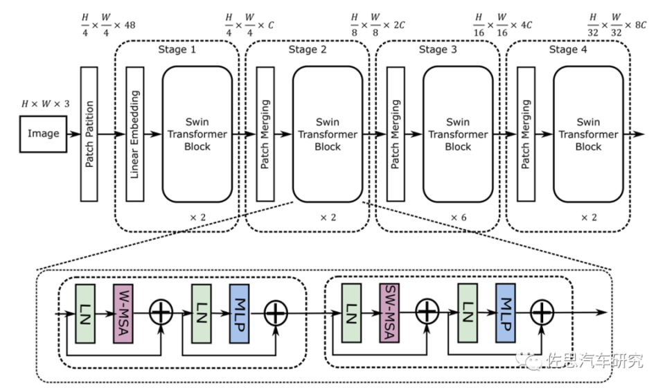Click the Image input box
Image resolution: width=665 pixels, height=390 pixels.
pos(44,134)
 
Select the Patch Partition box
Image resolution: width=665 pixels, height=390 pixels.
pos(89,134)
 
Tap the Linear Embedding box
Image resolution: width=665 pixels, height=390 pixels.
pos(134,134)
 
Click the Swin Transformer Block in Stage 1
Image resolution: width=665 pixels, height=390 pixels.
pos(197,134)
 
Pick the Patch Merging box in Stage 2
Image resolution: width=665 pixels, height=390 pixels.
pos(265,134)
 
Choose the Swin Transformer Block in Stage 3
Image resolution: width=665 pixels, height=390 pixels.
pos(457,134)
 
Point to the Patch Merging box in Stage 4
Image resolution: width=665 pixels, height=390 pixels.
pos(526,134)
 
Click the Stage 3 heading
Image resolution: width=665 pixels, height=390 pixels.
pos(438,49)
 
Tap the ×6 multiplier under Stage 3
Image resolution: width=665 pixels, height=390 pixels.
pos(458,217)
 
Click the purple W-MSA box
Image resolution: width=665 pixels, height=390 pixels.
pos(123,312)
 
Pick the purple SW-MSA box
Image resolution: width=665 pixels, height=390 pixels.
pos(389,312)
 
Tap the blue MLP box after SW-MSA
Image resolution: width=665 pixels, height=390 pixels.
pos(505,312)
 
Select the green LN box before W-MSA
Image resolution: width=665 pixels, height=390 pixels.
pos(85,312)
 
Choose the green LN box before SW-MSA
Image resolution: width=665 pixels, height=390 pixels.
pos(351,312)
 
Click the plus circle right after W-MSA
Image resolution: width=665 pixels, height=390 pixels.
pos(161,313)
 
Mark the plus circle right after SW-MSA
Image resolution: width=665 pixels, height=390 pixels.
pos(427,313)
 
